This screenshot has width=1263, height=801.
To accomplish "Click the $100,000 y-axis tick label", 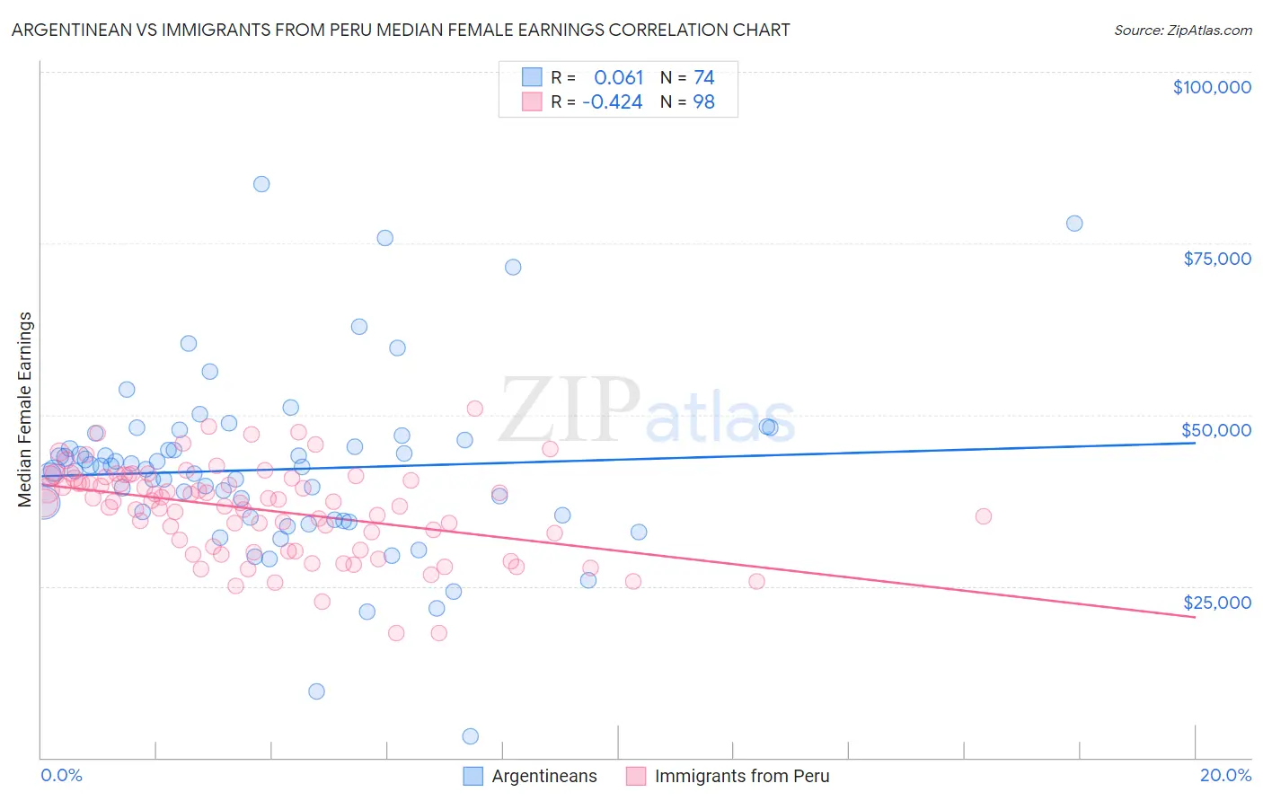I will click(1212, 87).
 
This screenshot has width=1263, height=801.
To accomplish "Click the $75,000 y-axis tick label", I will click(1217, 259).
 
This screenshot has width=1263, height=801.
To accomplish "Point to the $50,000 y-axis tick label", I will click(1217, 430).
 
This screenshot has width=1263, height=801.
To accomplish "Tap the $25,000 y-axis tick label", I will click(1217, 603).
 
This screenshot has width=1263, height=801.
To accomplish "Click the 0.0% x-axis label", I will click(61, 775).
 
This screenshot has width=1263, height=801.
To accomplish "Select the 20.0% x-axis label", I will click(1225, 775).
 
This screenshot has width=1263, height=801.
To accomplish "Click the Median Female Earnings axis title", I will click(25, 409).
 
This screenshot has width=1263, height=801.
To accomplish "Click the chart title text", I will click(400, 30).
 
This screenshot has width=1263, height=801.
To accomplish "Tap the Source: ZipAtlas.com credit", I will click(1182, 30).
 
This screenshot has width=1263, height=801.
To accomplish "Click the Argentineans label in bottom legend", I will click(544, 776).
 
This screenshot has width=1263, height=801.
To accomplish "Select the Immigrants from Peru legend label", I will click(742, 776).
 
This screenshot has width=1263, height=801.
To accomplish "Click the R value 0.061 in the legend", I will click(619, 78).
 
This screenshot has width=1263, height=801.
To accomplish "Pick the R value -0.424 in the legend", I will click(613, 102).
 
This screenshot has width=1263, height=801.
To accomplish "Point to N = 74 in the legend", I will click(687, 78).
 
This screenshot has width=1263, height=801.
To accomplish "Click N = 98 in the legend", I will click(687, 102).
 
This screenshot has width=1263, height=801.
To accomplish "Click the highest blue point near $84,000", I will click(261, 184).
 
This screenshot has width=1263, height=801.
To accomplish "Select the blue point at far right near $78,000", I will click(1074, 224).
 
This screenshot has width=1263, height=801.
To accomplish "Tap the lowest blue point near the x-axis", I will click(470, 736).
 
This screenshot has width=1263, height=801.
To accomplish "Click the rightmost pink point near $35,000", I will click(984, 516).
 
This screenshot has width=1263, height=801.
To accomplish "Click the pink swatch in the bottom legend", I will click(636, 776).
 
